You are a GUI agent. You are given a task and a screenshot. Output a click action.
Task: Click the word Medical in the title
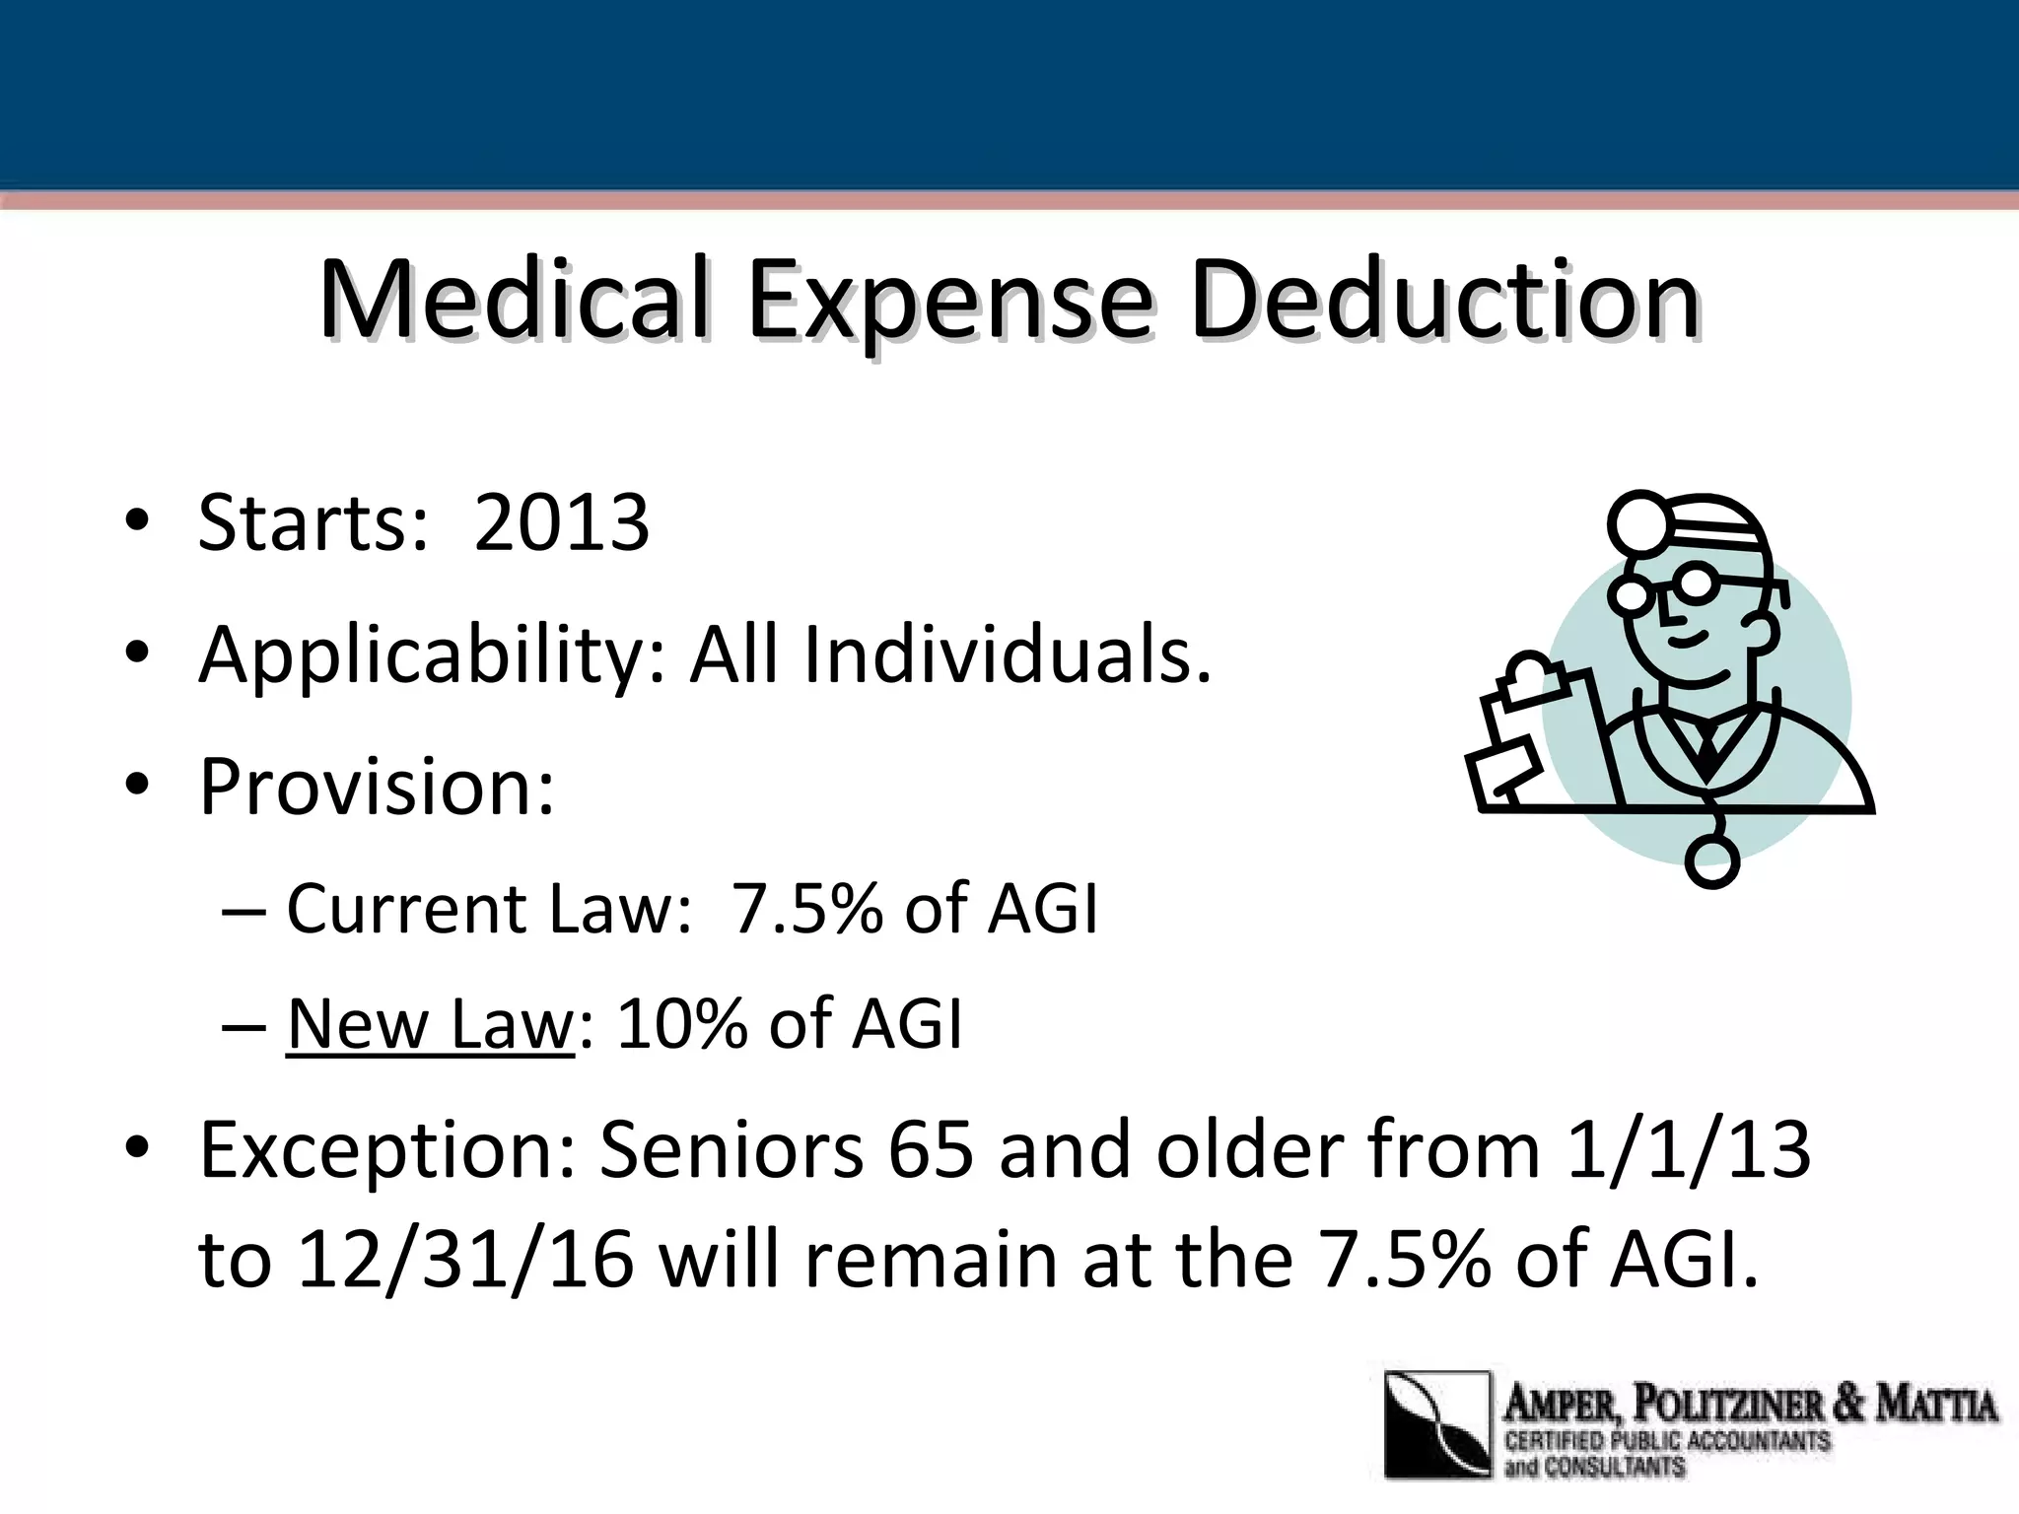coord(513,298)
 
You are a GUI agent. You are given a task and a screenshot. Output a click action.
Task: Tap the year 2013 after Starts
coord(561,522)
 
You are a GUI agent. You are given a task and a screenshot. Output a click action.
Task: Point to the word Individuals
coord(1007,655)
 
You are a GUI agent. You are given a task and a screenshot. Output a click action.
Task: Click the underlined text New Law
coord(430,1024)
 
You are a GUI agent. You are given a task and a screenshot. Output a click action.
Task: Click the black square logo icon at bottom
coord(1437,1424)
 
